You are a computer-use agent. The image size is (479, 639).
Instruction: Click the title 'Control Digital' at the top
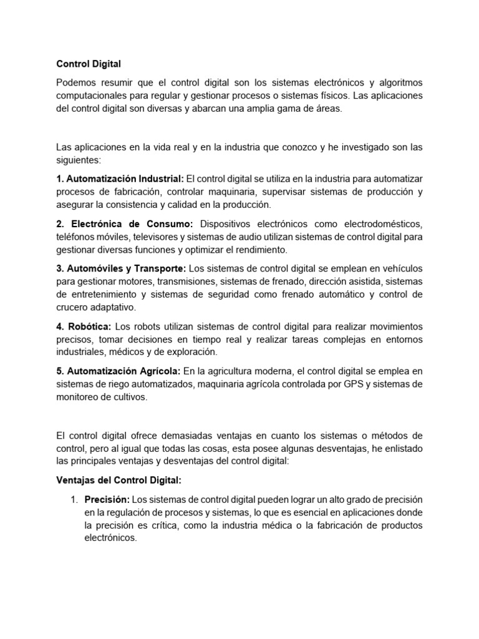point(89,63)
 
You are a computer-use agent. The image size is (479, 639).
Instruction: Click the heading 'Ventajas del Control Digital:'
point(119,480)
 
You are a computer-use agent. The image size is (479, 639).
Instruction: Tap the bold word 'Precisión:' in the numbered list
point(107,499)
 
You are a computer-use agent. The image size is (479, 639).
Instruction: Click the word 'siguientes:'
point(78,160)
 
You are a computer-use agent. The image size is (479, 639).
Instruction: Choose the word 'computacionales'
point(92,95)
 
